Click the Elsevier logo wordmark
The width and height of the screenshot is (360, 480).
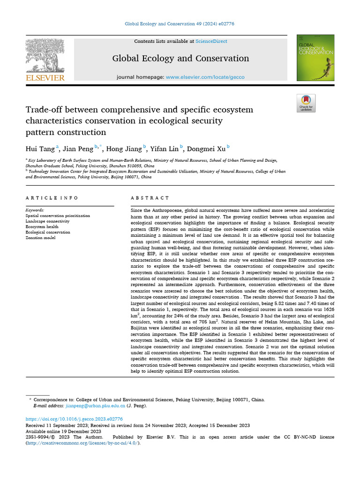(45, 78)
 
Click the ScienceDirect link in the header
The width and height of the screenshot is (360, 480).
(211, 41)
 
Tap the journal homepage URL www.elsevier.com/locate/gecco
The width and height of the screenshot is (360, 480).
(205, 77)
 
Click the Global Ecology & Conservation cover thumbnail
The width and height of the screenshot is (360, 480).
(315, 58)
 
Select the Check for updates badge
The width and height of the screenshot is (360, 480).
(306, 103)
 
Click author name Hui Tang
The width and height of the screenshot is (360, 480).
(40, 149)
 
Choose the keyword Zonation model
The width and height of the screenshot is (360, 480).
(40, 238)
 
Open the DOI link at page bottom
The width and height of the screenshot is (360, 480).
(74, 419)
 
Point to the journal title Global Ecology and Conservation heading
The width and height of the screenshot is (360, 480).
(180, 59)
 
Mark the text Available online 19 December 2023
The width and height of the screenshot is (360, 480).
(63, 431)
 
